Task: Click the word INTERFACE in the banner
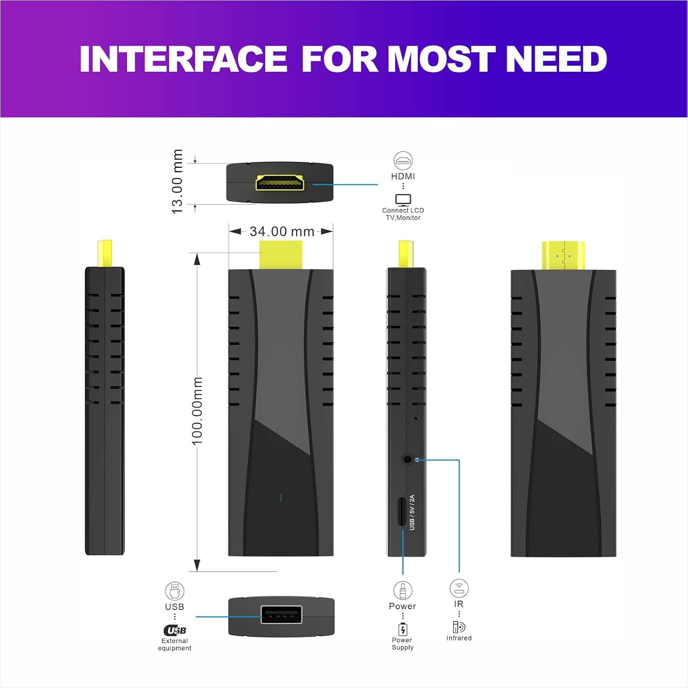tap(183, 59)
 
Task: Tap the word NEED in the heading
tap(556, 59)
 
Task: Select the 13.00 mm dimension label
tap(177, 182)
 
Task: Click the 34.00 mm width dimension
tap(282, 232)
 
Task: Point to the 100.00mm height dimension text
tap(197, 411)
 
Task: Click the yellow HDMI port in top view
tap(280, 183)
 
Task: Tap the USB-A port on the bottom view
tap(281, 615)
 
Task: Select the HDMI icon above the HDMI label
tap(403, 161)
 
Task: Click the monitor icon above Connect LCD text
tap(403, 200)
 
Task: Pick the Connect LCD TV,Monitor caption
tap(403, 214)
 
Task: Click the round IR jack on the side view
tap(407, 459)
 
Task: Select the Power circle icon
tap(402, 590)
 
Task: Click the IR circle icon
tap(459, 588)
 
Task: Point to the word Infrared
tap(459, 638)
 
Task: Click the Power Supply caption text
tap(402, 644)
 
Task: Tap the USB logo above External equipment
tap(175, 630)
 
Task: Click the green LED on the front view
tap(281, 497)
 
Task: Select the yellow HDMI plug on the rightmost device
tap(563, 255)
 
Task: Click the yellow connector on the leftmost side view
tap(105, 253)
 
